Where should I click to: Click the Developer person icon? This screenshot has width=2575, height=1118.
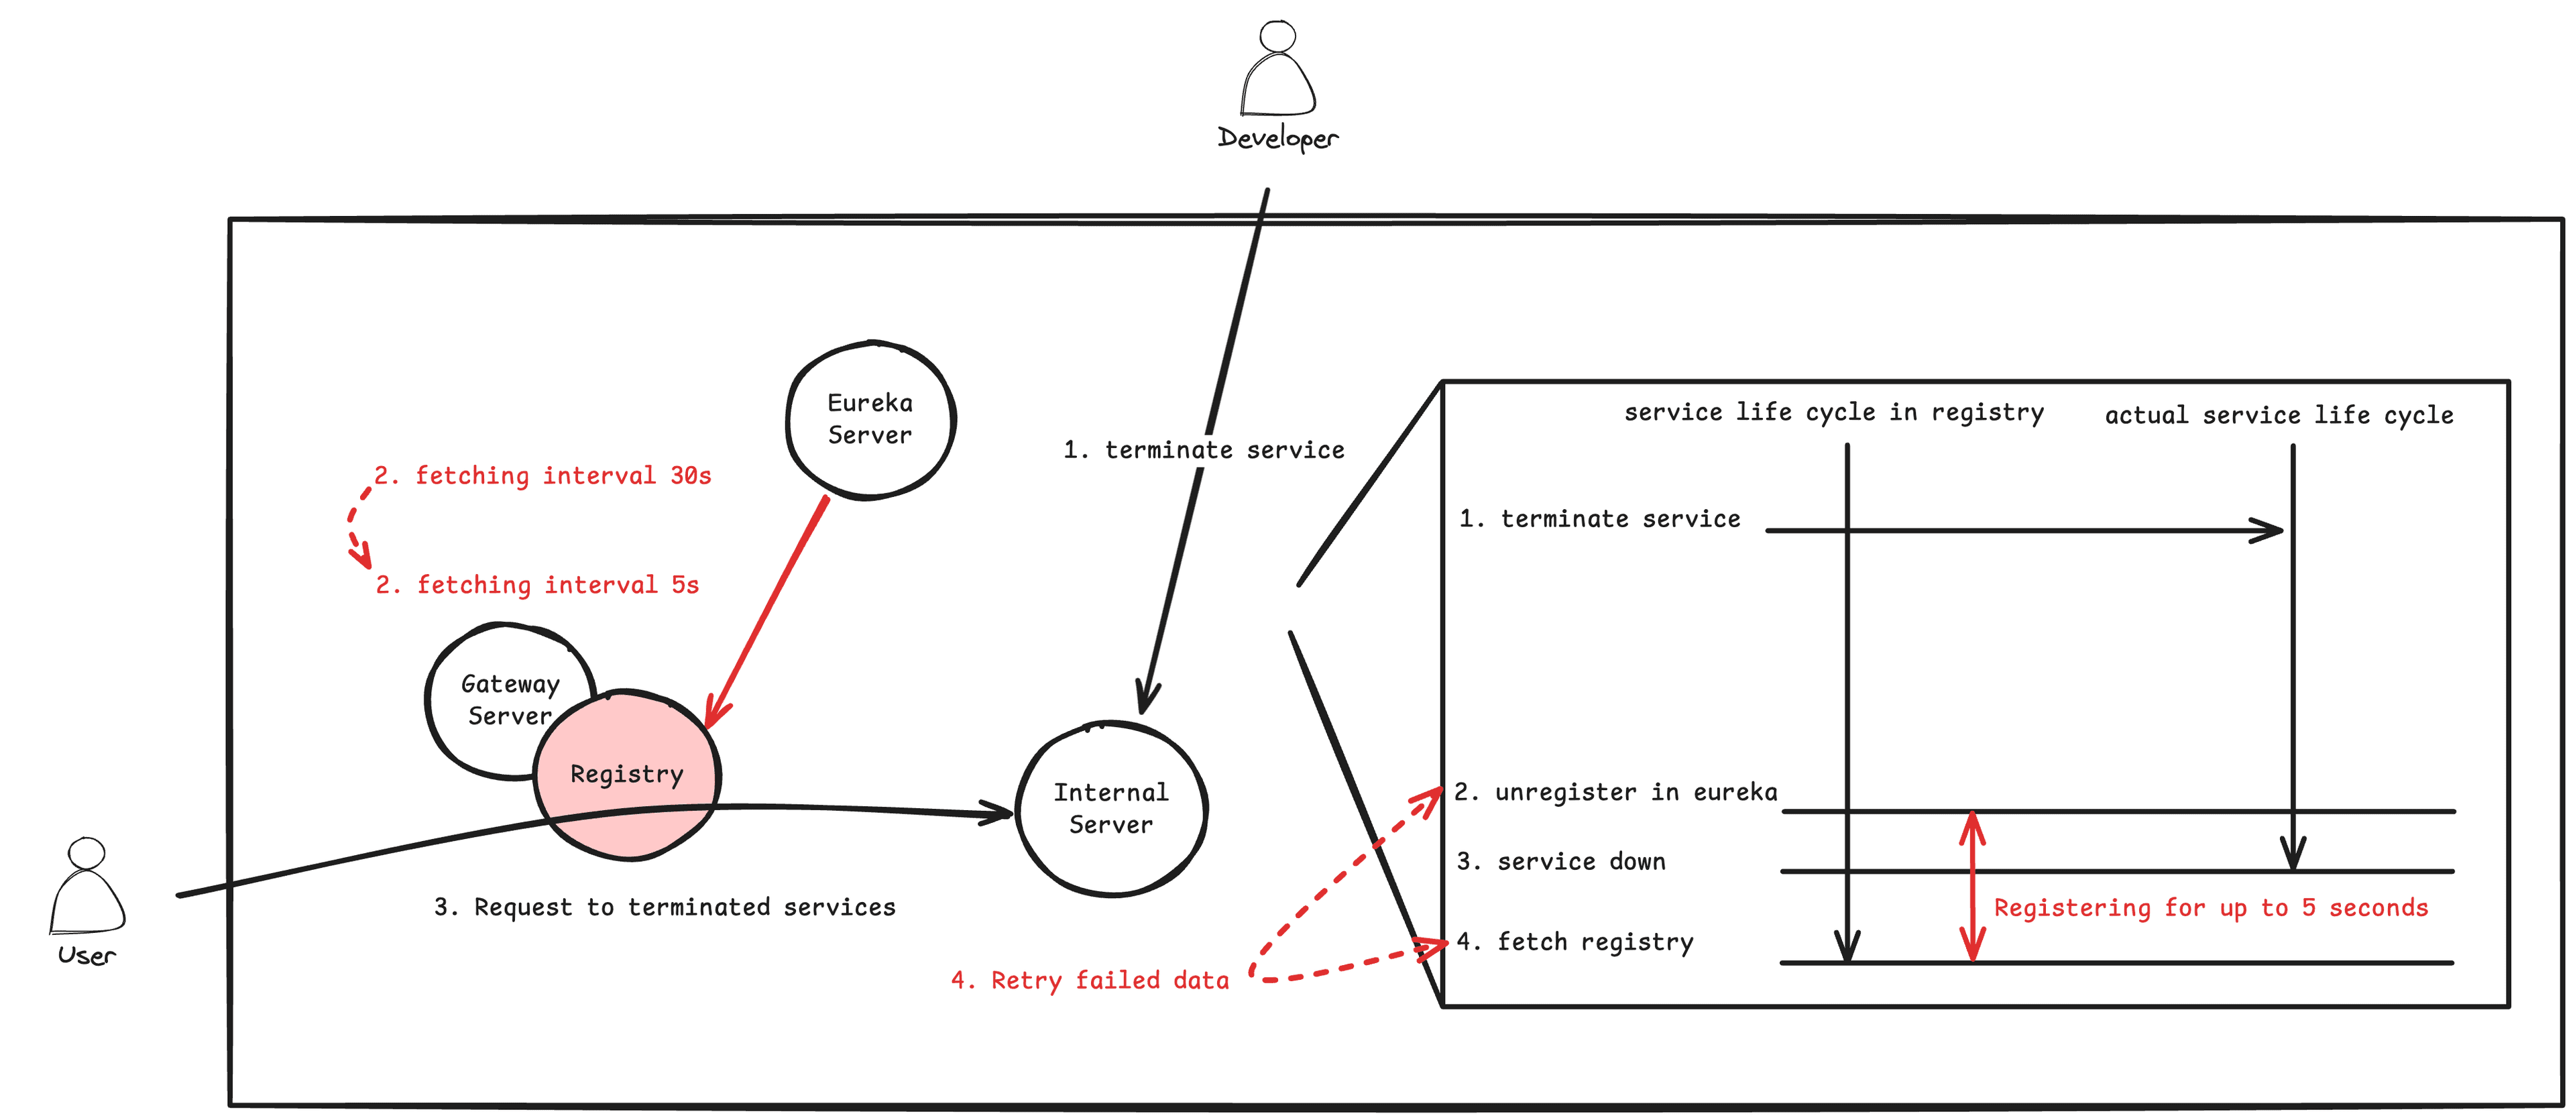[x=1277, y=70]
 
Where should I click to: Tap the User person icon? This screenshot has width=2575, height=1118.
[x=87, y=886]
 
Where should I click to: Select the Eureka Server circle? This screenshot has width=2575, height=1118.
[x=870, y=420]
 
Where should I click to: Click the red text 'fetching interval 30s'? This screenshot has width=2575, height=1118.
[x=542, y=476]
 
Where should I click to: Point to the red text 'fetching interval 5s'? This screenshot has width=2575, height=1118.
[x=538, y=585]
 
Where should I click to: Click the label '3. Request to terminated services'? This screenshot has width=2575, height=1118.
[x=665, y=907]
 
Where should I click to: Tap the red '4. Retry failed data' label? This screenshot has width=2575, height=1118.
[x=1090, y=980]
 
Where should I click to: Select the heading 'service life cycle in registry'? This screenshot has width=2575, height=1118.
[x=1833, y=412]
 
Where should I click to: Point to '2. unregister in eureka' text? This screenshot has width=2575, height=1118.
[x=1615, y=792]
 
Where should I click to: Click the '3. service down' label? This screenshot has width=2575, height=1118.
[x=1560, y=861]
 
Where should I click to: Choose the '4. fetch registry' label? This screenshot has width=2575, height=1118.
[x=1575, y=942]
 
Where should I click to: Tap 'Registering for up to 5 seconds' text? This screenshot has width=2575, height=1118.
[x=2210, y=908]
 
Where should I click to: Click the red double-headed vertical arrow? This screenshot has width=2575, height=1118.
[x=1971, y=886]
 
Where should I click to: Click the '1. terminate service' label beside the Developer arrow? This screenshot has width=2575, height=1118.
[x=1204, y=450]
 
